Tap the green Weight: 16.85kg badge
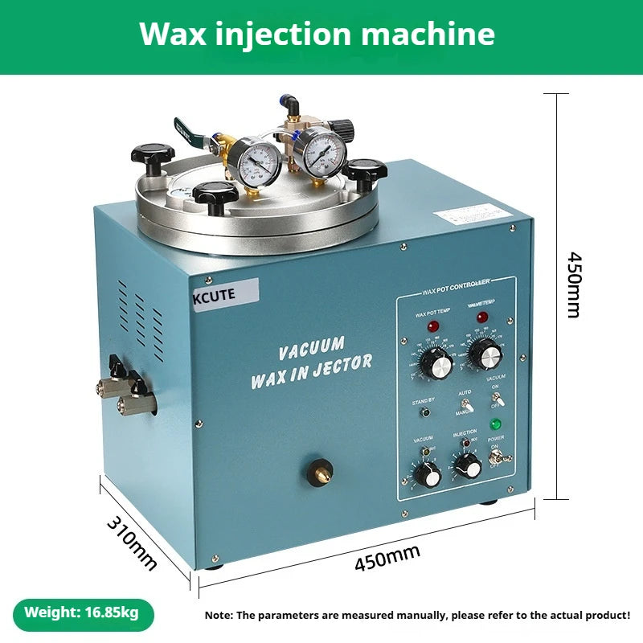(81, 612)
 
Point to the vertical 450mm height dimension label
(573, 285)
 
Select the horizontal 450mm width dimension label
(387, 558)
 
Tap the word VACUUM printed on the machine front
(311, 349)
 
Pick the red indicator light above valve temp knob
(481, 317)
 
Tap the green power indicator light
(496, 424)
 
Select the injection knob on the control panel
(466, 465)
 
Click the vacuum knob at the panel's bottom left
(428, 474)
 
